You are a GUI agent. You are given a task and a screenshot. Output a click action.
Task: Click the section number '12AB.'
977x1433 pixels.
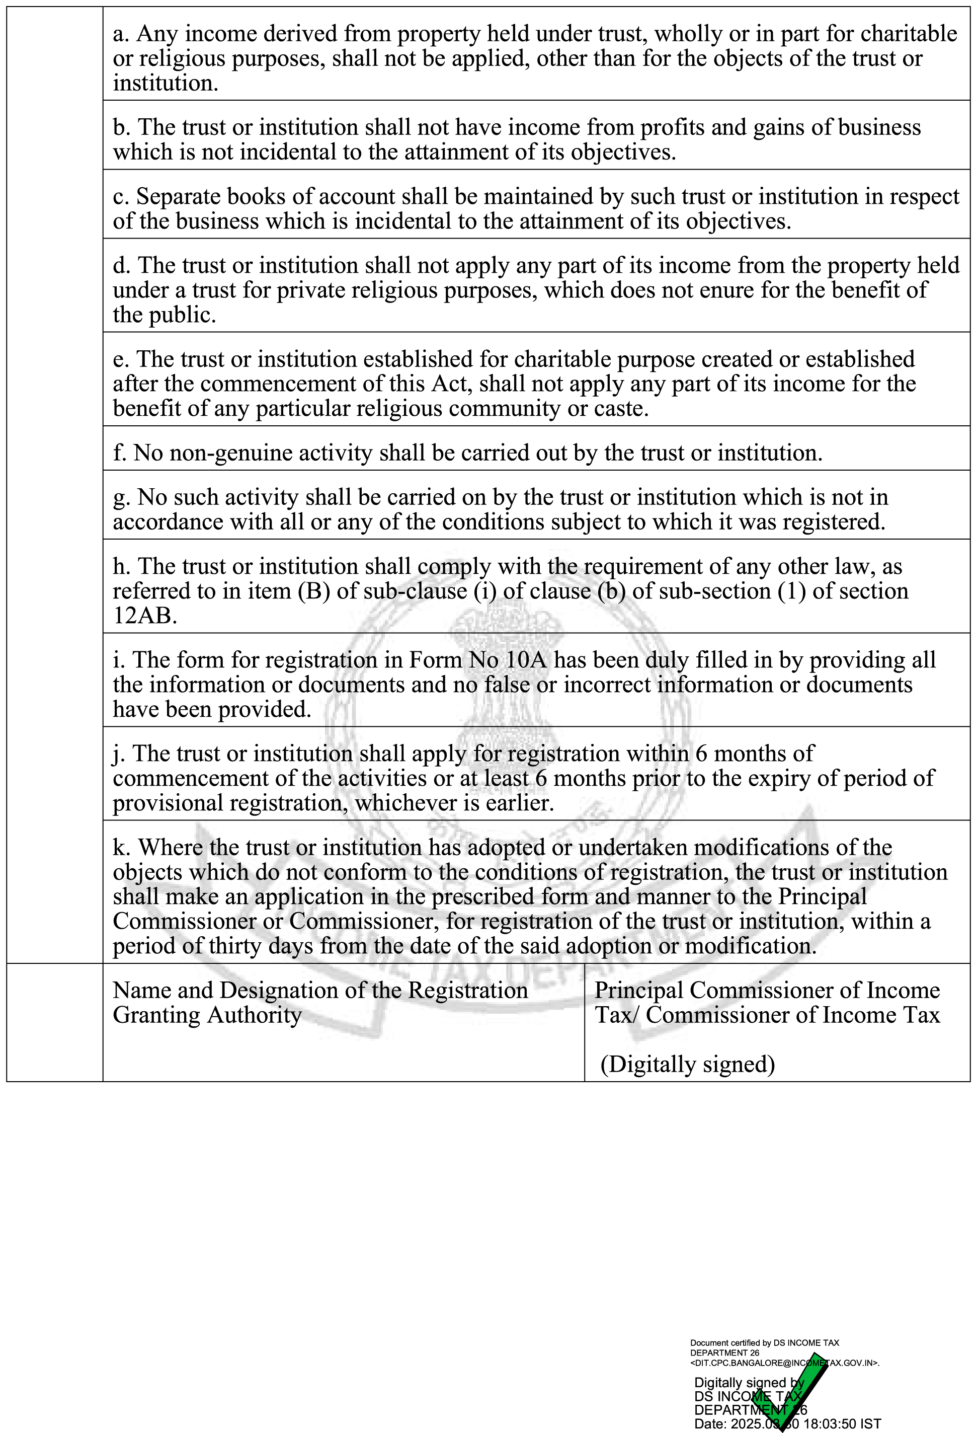point(145,616)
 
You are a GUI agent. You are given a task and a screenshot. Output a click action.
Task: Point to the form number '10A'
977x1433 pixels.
point(526,660)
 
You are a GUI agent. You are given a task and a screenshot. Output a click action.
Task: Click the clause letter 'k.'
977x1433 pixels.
point(121,848)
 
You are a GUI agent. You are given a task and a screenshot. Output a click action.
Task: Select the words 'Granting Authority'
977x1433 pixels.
point(207,1016)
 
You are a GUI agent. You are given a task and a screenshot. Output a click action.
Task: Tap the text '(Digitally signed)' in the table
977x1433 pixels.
point(687,1065)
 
